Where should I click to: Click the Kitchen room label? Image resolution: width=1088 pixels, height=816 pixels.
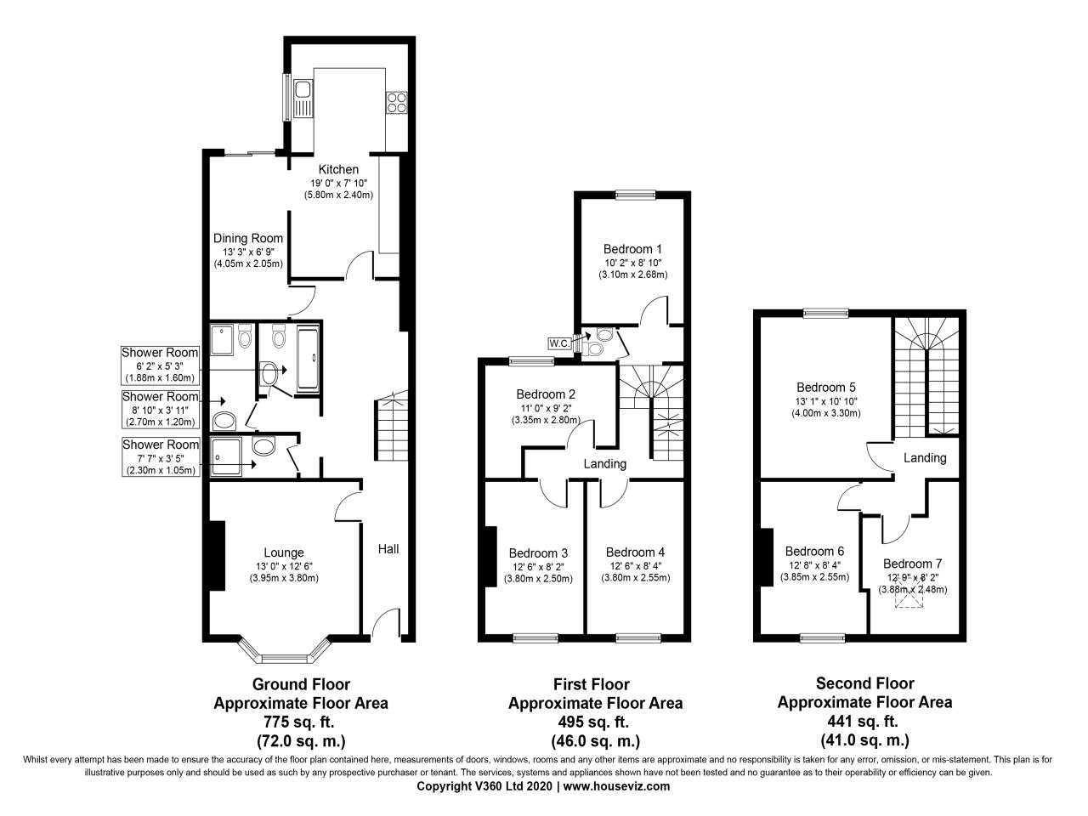click(x=338, y=169)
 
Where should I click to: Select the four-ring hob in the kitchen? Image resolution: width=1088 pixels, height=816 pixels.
click(x=396, y=102)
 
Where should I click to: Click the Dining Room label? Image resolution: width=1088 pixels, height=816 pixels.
click(x=247, y=238)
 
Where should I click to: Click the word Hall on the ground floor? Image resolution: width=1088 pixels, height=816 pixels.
click(x=388, y=549)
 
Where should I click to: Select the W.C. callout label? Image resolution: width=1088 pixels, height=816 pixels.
click(x=559, y=343)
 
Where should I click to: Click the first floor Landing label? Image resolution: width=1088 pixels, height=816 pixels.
click(x=604, y=464)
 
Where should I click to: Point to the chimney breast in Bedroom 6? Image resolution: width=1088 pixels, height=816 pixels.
click(x=766, y=557)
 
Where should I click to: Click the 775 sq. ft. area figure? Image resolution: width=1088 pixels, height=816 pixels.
click(x=301, y=722)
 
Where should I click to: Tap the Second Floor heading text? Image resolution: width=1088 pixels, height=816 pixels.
click(x=864, y=683)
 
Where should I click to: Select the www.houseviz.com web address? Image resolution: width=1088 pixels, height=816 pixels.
click(x=616, y=786)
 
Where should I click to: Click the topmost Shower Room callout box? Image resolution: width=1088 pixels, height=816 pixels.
click(x=160, y=365)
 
